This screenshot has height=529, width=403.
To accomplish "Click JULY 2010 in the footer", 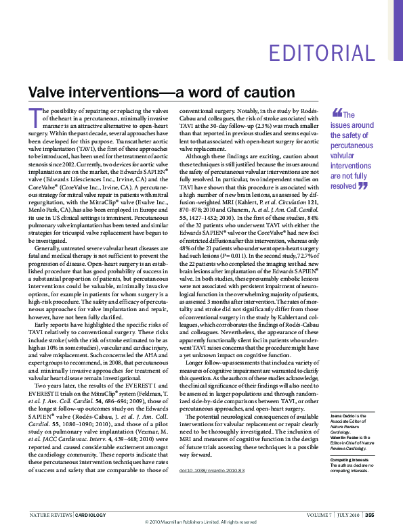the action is click(x=349, y=515).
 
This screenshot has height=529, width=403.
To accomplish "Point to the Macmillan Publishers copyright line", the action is click(x=201, y=522).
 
